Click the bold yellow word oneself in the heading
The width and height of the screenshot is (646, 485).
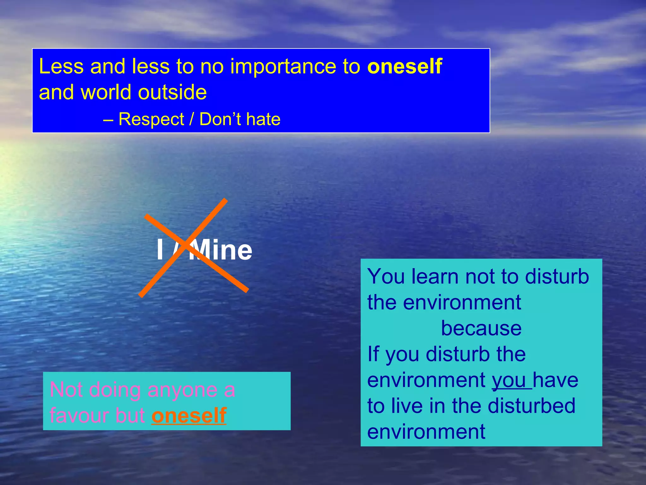tap(404, 67)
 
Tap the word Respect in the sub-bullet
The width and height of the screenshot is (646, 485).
tap(151, 119)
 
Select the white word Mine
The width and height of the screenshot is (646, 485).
tap(221, 250)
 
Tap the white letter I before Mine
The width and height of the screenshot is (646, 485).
tap(160, 250)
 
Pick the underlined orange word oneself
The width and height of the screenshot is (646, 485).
tap(189, 415)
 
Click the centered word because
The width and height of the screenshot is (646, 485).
tap(481, 328)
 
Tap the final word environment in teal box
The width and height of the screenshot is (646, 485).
tap(426, 432)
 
